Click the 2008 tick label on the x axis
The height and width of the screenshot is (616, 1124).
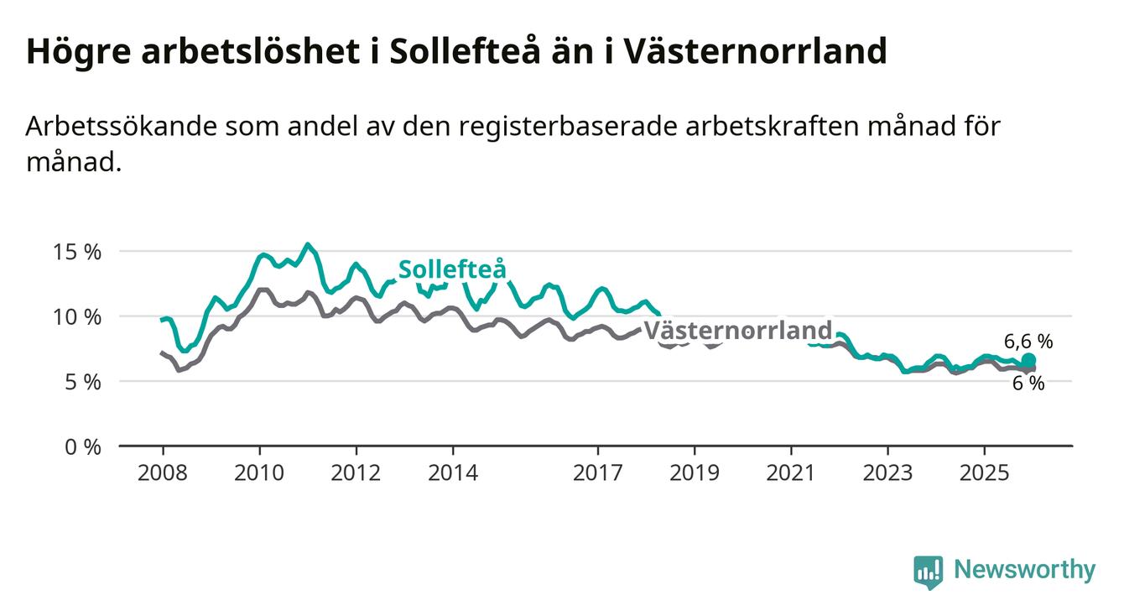point(163,472)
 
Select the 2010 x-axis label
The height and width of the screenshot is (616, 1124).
point(259,472)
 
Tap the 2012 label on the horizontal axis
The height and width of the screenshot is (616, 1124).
point(356,472)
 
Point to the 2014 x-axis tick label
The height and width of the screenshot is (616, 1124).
point(453,472)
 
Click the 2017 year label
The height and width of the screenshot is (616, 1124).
point(598,472)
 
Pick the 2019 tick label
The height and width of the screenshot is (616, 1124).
point(695,472)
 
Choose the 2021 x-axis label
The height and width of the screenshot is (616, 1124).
point(792,472)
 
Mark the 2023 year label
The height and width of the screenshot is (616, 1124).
point(888,472)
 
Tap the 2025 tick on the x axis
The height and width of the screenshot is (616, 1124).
point(985,472)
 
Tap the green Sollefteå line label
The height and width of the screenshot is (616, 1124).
point(452,269)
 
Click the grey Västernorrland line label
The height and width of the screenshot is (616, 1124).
point(737,330)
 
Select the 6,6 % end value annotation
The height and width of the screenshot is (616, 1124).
point(1028,342)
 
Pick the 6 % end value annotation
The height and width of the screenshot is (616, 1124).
point(1028,384)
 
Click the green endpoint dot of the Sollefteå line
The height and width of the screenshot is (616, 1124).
point(1028,361)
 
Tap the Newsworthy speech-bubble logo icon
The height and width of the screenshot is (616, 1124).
point(928,572)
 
